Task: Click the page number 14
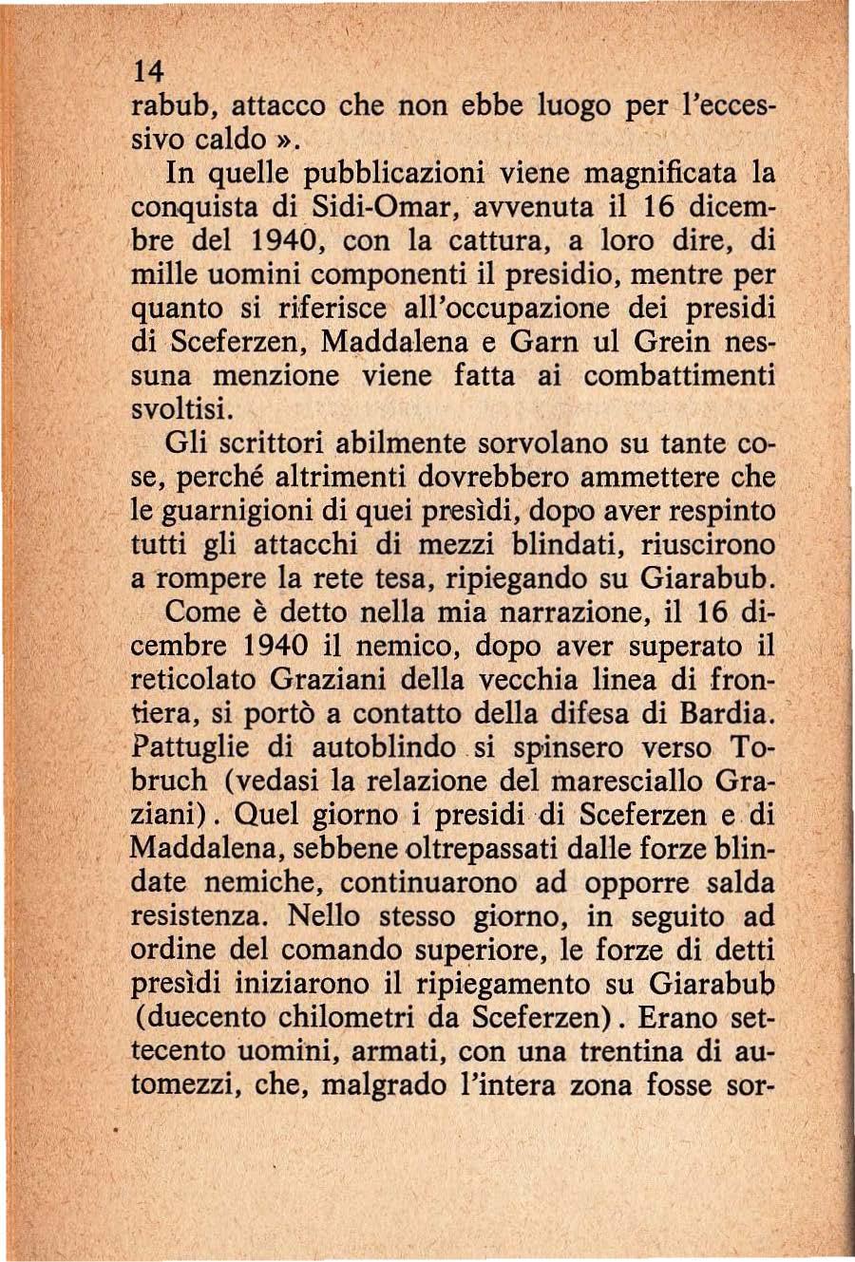tap(150, 71)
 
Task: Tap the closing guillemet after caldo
tap(286, 140)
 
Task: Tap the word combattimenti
tap(679, 376)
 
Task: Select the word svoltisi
tap(180, 410)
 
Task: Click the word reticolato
tap(194, 680)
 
